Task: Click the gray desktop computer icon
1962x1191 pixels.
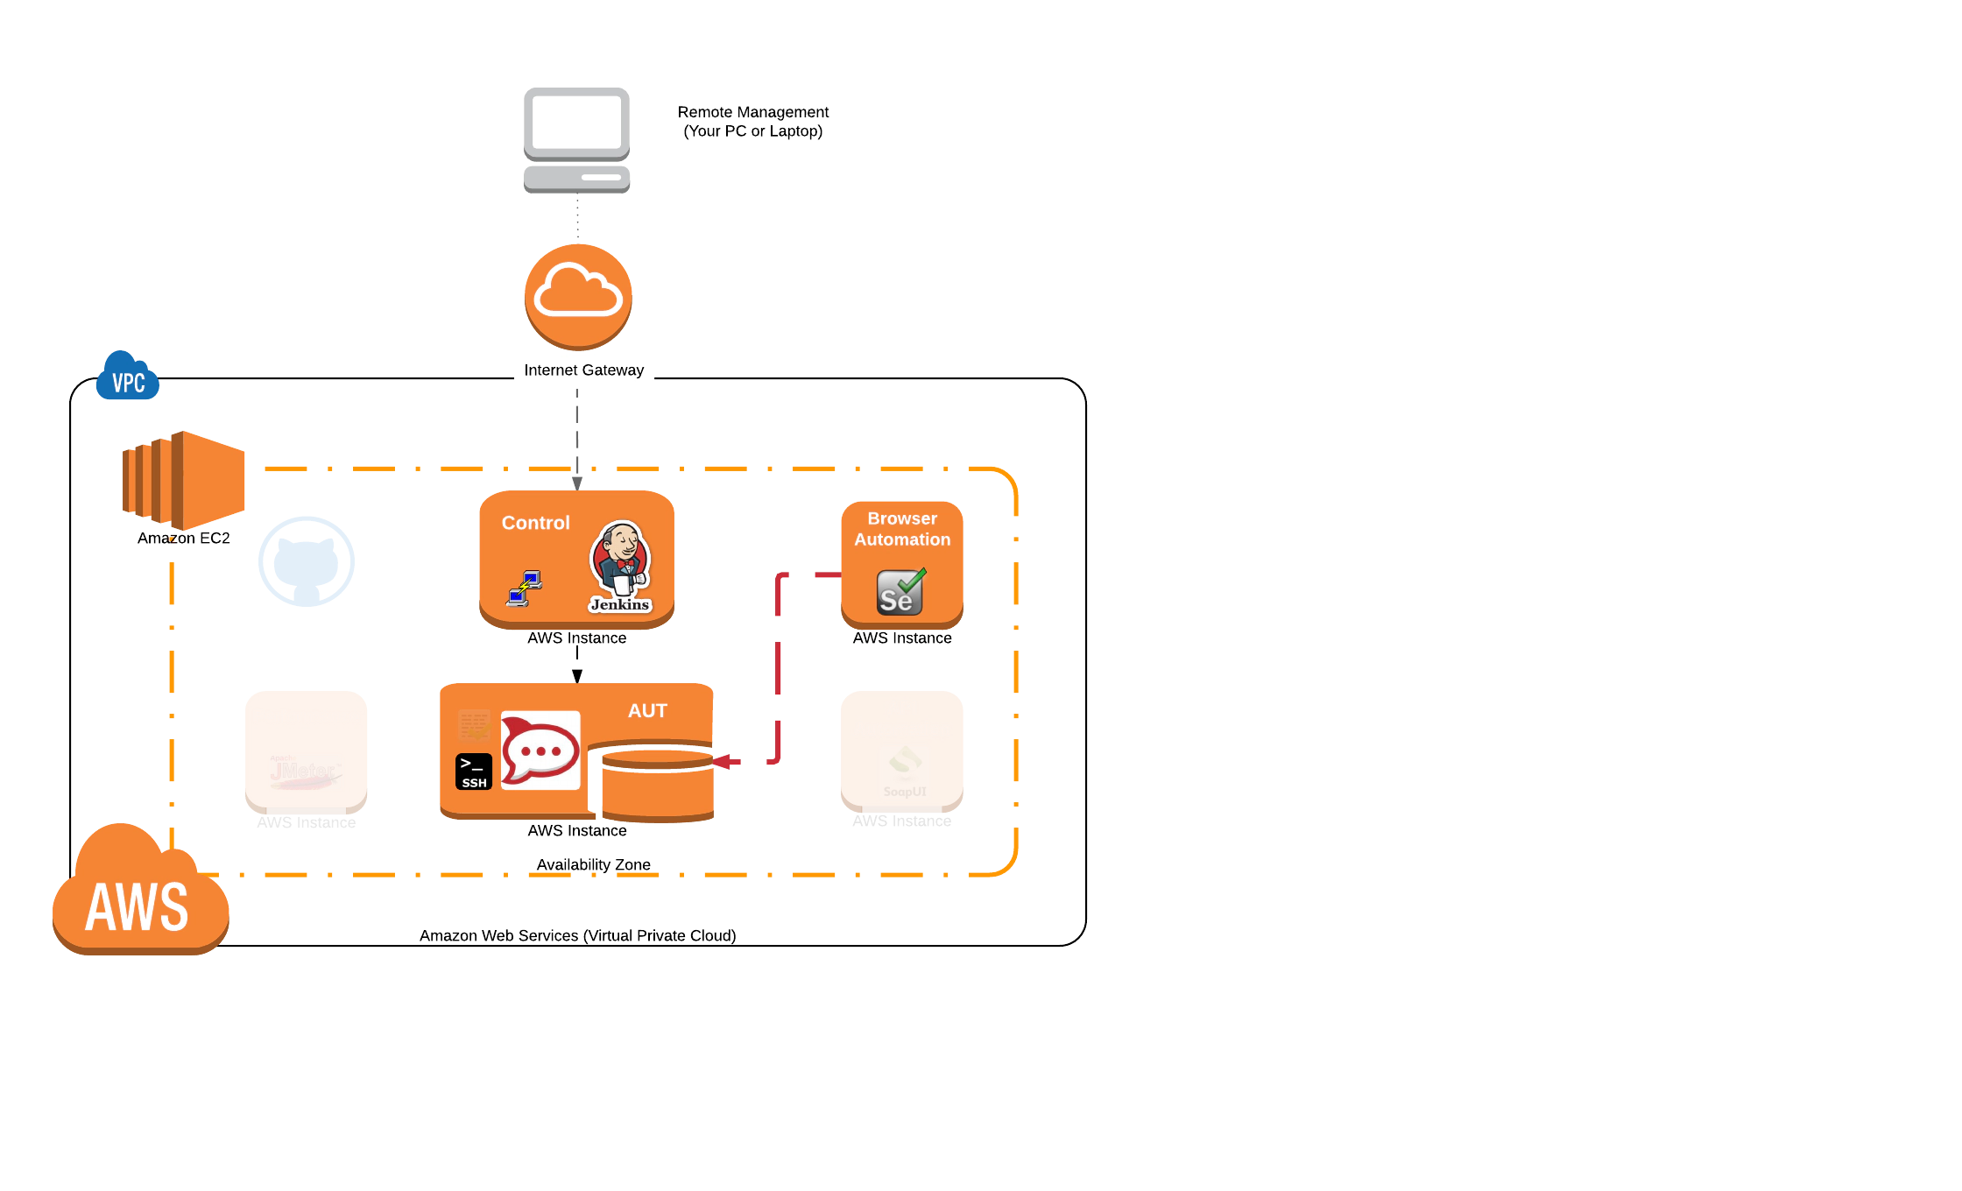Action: pyautogui.click(x=575, y=138)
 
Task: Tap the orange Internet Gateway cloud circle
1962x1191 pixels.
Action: pyautogui.click(x=578, y=295)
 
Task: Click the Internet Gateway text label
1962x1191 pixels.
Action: pyautogui.click(x=584, y=370)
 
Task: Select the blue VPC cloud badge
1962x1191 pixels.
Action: pyautogui.click(x=128, y=379)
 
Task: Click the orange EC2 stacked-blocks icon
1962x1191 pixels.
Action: pyautogui.click(x=183, y=480)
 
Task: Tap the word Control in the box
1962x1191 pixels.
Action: pyautogui.click(x=535, y=523)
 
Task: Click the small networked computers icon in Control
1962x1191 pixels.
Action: pyautogui.click(x=524, y=588)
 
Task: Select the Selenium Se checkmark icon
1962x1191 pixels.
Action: pyautogui.click(x=900, y=592)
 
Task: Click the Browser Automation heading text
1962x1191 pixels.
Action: pyautogui.click(x=902, y=529)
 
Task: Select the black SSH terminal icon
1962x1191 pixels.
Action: pyautogui.click(x=474, y=772)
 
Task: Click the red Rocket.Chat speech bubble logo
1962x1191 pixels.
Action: pyautogui.click(x=540, y=751)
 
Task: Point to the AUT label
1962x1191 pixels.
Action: pyautogui.click(x=647, y=711)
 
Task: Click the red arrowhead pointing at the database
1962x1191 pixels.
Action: pyautogui.click(x=726, y=762)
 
